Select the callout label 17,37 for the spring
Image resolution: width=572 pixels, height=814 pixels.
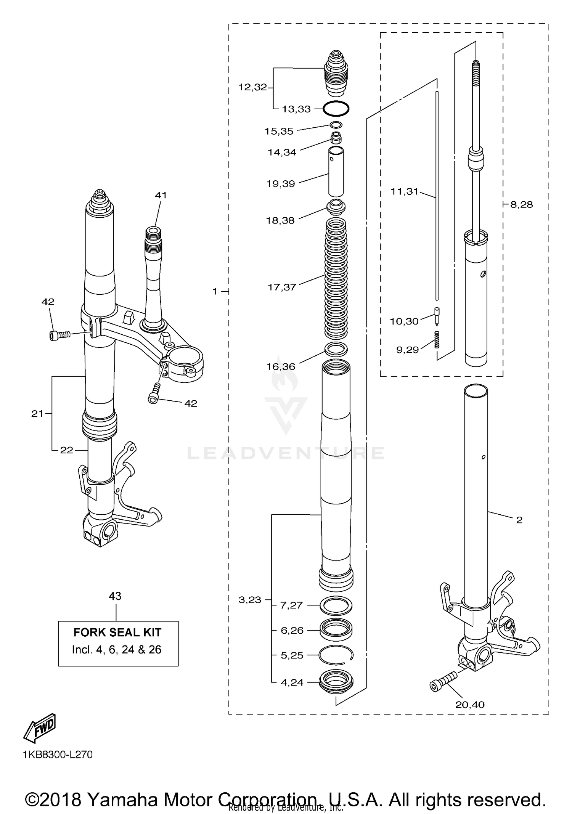282,287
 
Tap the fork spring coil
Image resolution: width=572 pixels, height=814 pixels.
336,278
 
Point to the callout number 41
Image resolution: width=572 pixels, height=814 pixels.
161,195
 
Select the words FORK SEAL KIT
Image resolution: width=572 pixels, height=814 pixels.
117,632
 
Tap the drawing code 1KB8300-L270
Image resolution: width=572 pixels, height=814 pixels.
58,755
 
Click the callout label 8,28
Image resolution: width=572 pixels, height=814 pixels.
521,205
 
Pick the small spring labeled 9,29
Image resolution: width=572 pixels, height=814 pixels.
437,339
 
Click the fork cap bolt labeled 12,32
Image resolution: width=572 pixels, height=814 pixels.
336,72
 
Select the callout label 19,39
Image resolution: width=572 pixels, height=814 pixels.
281,184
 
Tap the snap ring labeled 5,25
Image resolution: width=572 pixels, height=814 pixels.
336,655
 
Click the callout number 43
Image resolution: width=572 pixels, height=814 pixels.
115,596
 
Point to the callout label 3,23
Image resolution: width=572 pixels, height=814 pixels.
250,600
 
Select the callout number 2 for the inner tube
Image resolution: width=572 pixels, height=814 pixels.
519,520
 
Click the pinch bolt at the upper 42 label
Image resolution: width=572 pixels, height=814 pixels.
60,335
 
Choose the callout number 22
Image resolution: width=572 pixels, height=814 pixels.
66,450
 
